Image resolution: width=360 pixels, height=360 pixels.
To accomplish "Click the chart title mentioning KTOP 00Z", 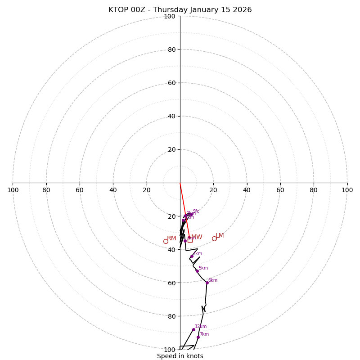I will click(x=180, y=10).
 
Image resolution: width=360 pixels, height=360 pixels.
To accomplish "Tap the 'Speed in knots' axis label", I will click(x=180, y=356).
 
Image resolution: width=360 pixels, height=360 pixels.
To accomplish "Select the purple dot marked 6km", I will click(x=207, y=283).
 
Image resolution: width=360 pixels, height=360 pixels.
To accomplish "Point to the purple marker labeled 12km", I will click(x=193, y=329).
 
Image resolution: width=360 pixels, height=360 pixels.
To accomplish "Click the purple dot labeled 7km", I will click(x=198, y=337).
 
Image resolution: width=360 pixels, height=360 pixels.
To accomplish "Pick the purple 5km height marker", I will click(x=197, y=271).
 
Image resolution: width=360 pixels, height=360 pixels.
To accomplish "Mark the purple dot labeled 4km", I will click(x=192, y=256).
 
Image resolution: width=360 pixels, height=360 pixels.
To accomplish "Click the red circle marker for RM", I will click(x=166, y=241).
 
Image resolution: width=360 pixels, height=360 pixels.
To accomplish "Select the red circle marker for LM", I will click(x=214, y=238).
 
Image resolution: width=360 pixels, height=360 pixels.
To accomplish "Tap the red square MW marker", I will click(x=190, y=240).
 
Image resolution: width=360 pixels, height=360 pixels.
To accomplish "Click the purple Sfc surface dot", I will click(x=191, y=214).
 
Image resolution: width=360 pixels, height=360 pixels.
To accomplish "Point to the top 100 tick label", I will click(x=170, y=16).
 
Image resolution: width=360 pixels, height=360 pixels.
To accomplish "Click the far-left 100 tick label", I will click(x=13, y=190).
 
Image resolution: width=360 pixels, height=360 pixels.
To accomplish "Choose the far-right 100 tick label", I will click(x=347, y=190).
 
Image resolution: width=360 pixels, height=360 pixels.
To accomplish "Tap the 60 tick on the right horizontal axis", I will click(x=280, y=190).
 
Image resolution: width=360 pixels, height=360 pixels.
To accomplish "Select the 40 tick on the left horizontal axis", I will click(x=113, y=190).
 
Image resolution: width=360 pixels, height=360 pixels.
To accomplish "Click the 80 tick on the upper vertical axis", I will click(x=171, y=49).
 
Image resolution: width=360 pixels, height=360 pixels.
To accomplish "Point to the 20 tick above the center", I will click(x=171, y=149).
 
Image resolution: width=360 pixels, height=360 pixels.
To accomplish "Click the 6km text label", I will click(x=213, y=280).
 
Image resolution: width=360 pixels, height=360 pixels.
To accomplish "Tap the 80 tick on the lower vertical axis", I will click(x=171, y=316).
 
